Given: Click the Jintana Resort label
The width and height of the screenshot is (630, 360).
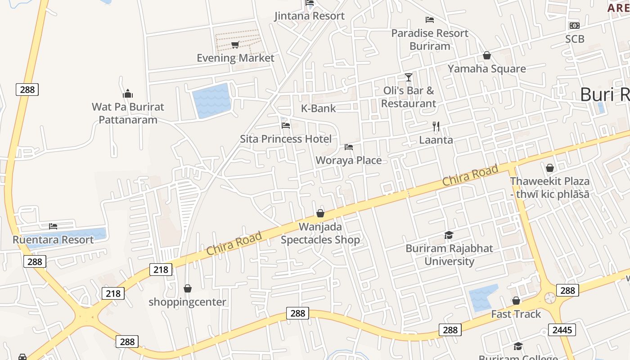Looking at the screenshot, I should click(x=310, y=16).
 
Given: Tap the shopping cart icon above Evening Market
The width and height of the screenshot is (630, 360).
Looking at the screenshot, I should click(x=235, y=45).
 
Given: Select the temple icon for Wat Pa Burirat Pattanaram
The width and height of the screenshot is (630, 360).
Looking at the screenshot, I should click(x=128, y=94).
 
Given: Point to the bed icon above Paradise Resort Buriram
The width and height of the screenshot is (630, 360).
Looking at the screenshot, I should click(x=430, y=20).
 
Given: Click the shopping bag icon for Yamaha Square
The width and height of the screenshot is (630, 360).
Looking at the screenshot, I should click(x=486, y=55).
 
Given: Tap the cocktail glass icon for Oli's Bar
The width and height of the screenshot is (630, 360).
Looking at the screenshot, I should click(x=408, y=77).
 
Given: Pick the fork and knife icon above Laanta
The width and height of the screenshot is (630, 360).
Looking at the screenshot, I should click(x=436, y=126).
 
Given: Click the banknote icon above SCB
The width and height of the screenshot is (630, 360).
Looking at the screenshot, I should click(x=574, y=26).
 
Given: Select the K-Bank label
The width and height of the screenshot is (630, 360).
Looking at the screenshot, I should click(x=319, y=108).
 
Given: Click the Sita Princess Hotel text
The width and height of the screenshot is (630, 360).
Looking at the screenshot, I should click(x=286, y=139).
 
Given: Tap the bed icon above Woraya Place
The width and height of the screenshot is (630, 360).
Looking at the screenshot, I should click(x=348, y=147).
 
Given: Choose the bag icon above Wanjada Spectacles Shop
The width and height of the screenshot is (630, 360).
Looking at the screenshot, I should click(x=320, y=213).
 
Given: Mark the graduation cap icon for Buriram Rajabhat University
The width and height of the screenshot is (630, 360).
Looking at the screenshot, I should click(x=449, y=235).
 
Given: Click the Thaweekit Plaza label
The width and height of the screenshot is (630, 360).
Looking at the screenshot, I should click(x=549, y=181).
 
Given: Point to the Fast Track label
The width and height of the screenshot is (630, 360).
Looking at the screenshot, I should click(x=516, y=314).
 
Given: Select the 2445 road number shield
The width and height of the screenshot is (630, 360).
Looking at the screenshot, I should click(x=562, y=330).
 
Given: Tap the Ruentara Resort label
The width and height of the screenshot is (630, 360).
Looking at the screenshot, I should click(x=53, y=239).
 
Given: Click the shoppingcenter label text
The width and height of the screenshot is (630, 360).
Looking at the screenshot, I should click(x=188, y=302).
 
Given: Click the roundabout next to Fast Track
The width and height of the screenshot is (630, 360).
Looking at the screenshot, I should click(x=550, y=298).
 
